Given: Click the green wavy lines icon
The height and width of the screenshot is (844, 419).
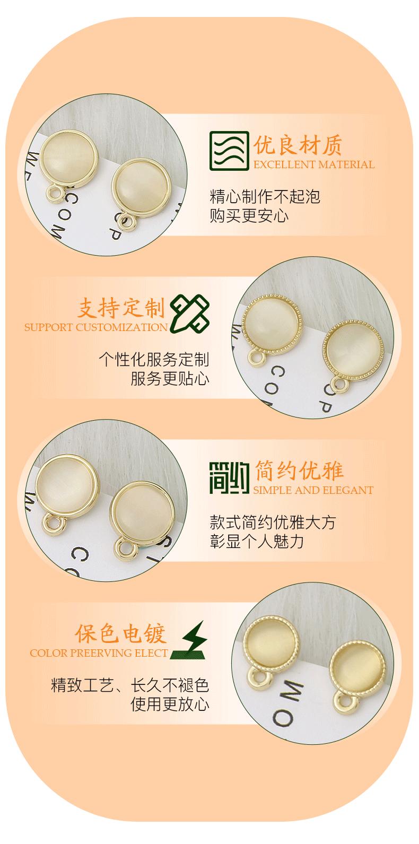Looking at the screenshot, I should [229, 151].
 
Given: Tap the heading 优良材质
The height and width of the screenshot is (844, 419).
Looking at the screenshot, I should [298, 144].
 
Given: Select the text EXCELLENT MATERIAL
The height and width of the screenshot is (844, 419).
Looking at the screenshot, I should [314, 165].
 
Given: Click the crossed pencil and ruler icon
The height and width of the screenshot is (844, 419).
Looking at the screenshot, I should [189, 314].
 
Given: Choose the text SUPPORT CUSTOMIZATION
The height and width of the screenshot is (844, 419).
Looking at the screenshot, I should [96, 327].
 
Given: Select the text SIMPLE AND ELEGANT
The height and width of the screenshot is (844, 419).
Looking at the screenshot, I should [313, 490].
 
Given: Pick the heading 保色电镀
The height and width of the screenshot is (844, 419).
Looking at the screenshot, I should [121, 633].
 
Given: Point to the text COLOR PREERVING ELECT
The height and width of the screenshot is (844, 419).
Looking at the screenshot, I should [99, 653].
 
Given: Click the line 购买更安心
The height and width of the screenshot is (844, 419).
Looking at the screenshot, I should [249, 216].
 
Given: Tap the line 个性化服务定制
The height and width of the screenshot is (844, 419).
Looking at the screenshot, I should [154, 360].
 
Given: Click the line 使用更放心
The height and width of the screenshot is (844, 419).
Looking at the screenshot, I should [170, 704].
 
